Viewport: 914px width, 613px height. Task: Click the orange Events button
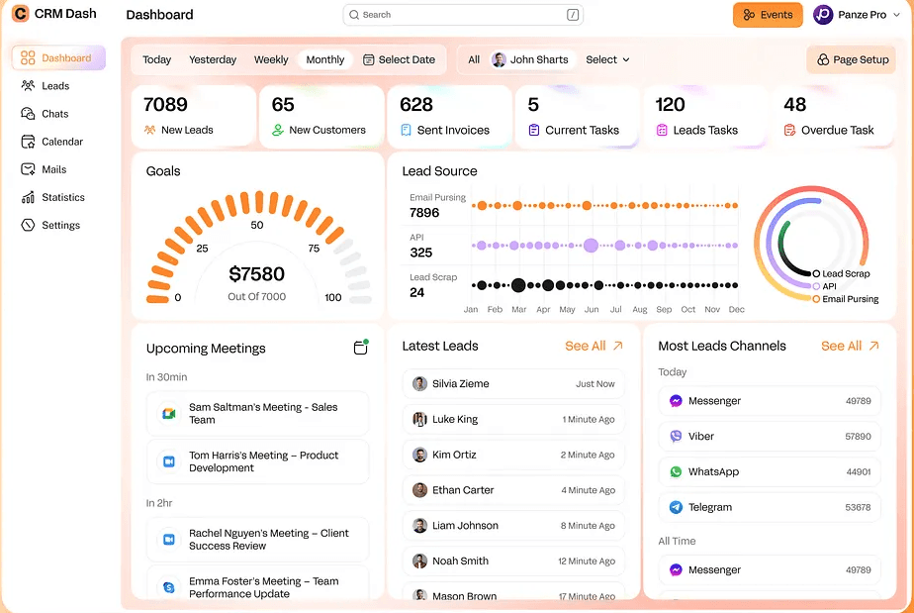[768, 15]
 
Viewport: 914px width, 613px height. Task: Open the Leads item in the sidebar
[54, 86]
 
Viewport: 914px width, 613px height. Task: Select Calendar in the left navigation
[61, 142]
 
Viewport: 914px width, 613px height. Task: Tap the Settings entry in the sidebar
[59, 225]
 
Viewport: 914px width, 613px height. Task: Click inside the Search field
[455, 15]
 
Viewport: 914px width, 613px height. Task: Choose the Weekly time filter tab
[271, 59]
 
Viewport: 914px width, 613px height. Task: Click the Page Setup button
[852, 59]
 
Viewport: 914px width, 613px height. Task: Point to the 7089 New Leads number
[165, 105]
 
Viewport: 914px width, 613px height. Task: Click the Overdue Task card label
[837, 130]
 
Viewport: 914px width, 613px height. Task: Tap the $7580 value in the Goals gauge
[256, 274]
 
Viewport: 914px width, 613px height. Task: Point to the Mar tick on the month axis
[518, 309]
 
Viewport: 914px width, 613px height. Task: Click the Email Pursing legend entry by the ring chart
[850, 298]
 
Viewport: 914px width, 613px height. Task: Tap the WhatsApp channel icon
[676, 471]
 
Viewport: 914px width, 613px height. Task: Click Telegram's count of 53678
[858, 507]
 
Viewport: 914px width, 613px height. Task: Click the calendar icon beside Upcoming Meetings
[361, 348]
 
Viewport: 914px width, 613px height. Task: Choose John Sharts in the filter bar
[530, 59]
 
